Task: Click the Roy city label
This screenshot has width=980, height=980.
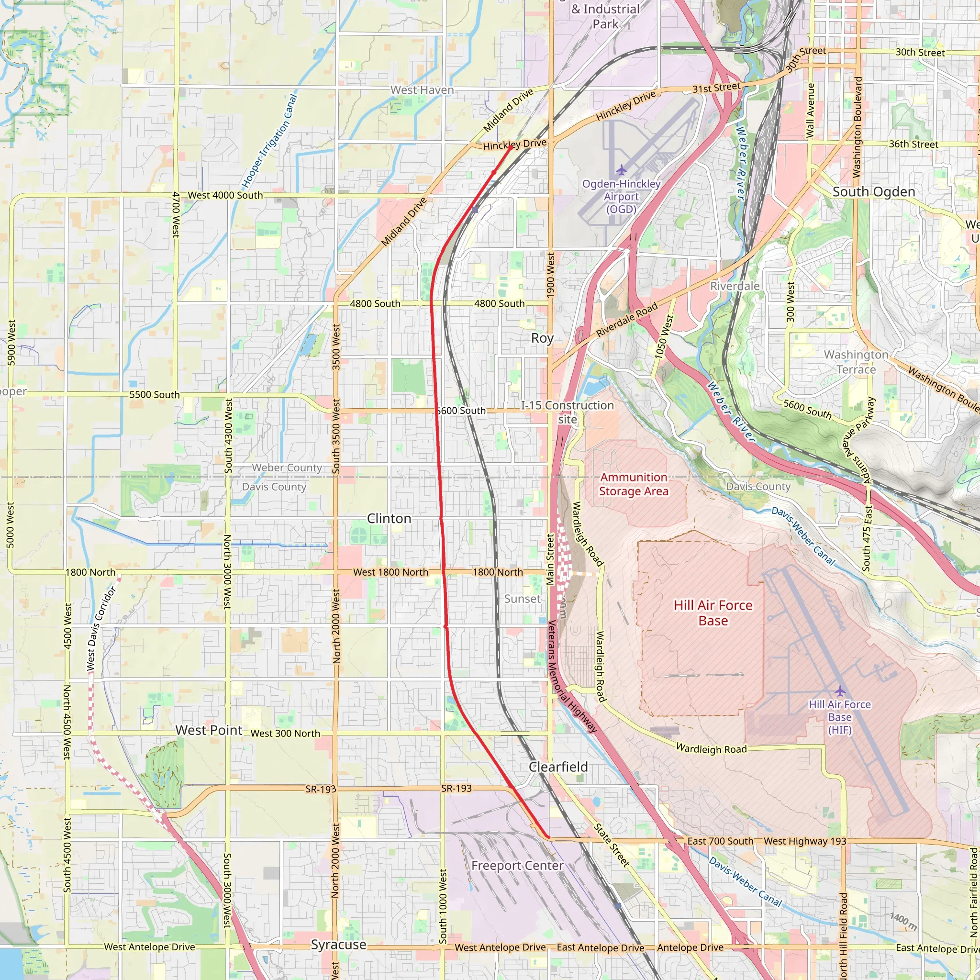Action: pos(542,338)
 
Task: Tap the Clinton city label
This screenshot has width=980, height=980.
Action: pos(389,518)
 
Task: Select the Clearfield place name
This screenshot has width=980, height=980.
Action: pos(558,767)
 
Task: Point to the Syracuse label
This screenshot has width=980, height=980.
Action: pos(338,945)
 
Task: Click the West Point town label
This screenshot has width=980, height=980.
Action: pos(209,730)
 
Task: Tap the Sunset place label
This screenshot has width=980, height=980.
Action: pos(522,599)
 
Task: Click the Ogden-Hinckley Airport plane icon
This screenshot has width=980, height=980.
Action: pos(621,170)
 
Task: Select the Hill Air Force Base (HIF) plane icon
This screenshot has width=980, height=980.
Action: pos(840,691)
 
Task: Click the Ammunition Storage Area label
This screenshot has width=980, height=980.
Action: pos(634,484)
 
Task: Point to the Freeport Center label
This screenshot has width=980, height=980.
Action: pos(517,865)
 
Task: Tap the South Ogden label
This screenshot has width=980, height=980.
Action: pos(873,192)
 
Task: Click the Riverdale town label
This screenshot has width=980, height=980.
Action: pos(735,286)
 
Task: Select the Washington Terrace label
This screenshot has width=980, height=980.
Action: pos(856,362)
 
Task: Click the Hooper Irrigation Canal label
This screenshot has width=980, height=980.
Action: pos(269,141)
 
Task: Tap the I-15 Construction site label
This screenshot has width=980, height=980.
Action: pos(567,412)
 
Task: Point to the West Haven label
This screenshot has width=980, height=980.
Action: pos(422,90)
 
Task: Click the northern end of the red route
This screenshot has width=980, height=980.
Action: pos(510,147)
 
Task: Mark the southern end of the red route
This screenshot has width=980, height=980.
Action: pos(548,837)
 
